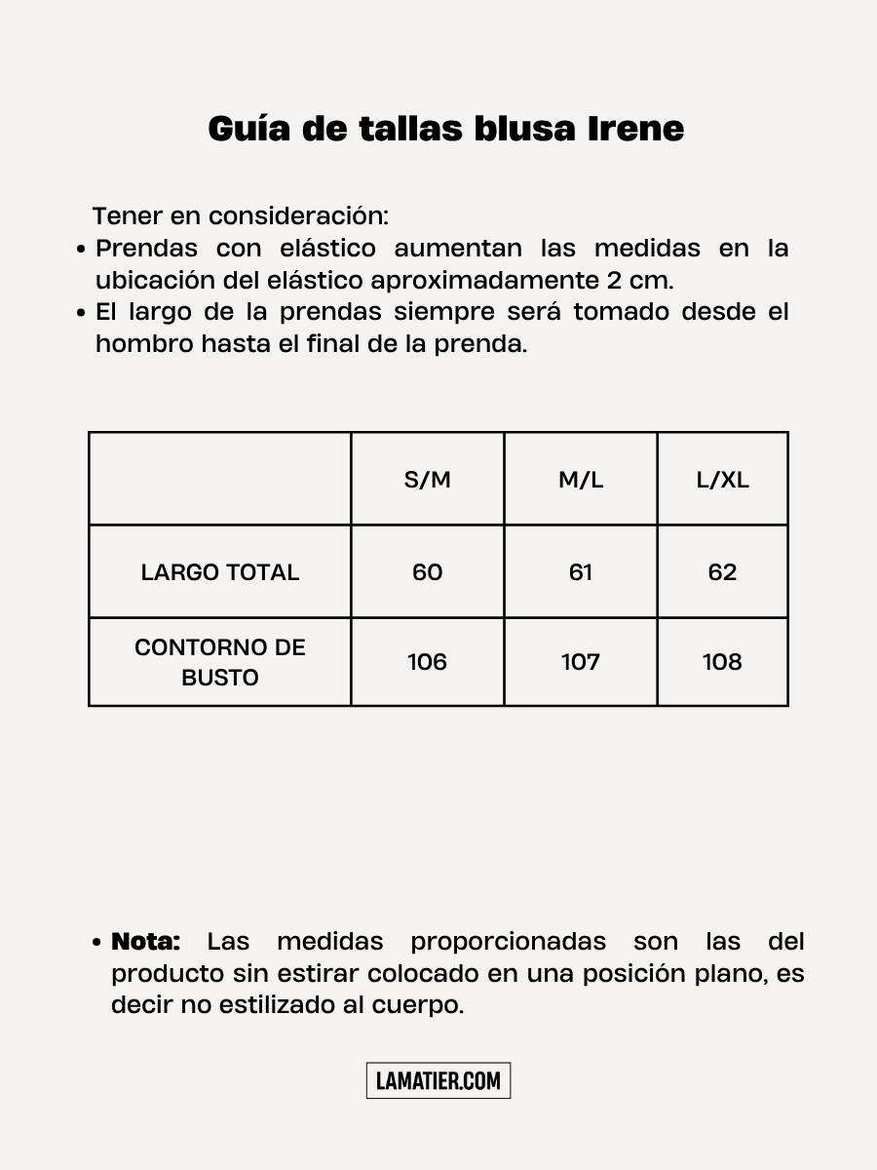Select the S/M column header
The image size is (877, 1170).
click(428, 480)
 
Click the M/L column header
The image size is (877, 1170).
click(581, 480)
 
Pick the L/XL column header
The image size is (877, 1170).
click(723, 480)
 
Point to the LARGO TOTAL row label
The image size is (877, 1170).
click(220, 572)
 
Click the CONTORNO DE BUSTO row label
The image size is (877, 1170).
click(220, 662)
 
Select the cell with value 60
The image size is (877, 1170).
click(428, 572)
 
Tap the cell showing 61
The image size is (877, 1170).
click(581, 572)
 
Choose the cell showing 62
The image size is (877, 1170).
click(723, 572)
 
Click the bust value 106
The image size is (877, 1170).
click(428, 662)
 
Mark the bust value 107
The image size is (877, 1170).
click(581, 662)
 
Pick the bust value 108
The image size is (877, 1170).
click(723, 662)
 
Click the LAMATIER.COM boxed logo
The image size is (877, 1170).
click(438, 1080)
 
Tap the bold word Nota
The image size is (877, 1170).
click(146, 942)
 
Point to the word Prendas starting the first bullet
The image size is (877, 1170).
click(146, 249)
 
